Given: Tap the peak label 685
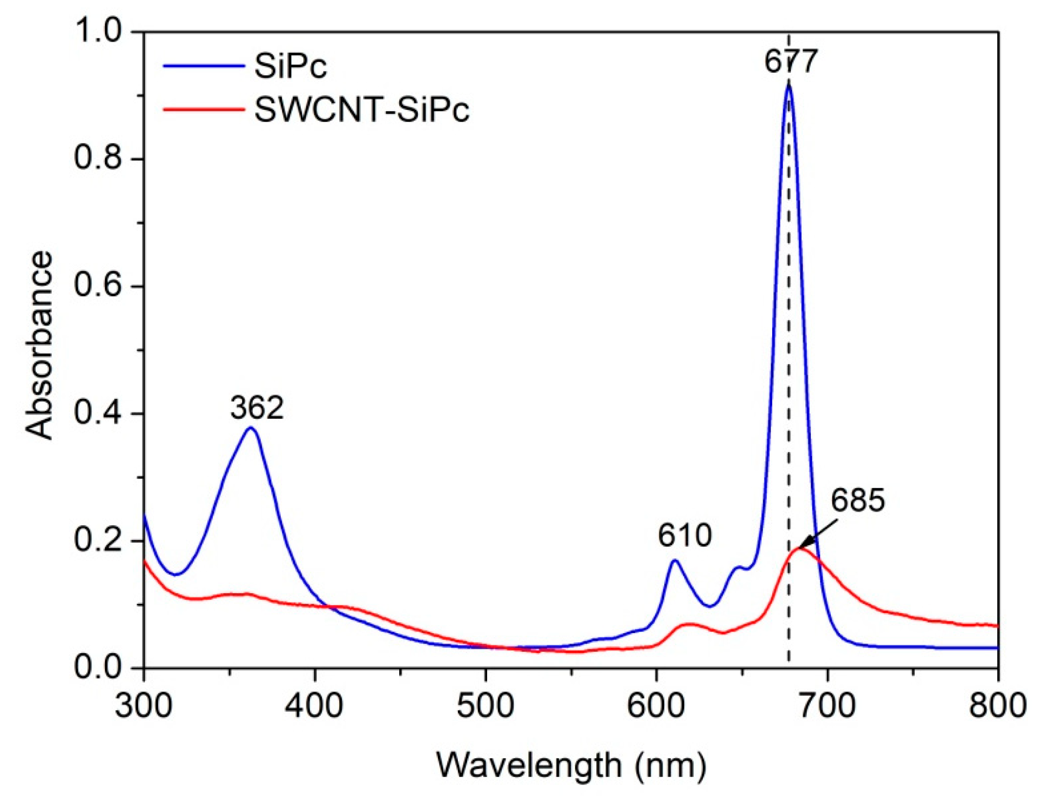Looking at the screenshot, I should point(858,501).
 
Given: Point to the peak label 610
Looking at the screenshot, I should point(684,535).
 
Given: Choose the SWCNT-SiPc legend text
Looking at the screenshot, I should point(361,109).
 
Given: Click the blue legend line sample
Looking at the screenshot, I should point(204,66).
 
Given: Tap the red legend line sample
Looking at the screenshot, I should point(204,109).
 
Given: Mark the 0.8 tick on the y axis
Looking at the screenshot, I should point(98,159).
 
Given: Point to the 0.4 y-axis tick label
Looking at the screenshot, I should point(98,414).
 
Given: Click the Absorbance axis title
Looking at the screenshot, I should point(39,345).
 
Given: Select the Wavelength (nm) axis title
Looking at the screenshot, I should point(571,765).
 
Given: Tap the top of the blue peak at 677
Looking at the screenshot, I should point(788,86).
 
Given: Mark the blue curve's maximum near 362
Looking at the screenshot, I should point(251,428).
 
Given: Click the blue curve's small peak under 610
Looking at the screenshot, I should point(675,560).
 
